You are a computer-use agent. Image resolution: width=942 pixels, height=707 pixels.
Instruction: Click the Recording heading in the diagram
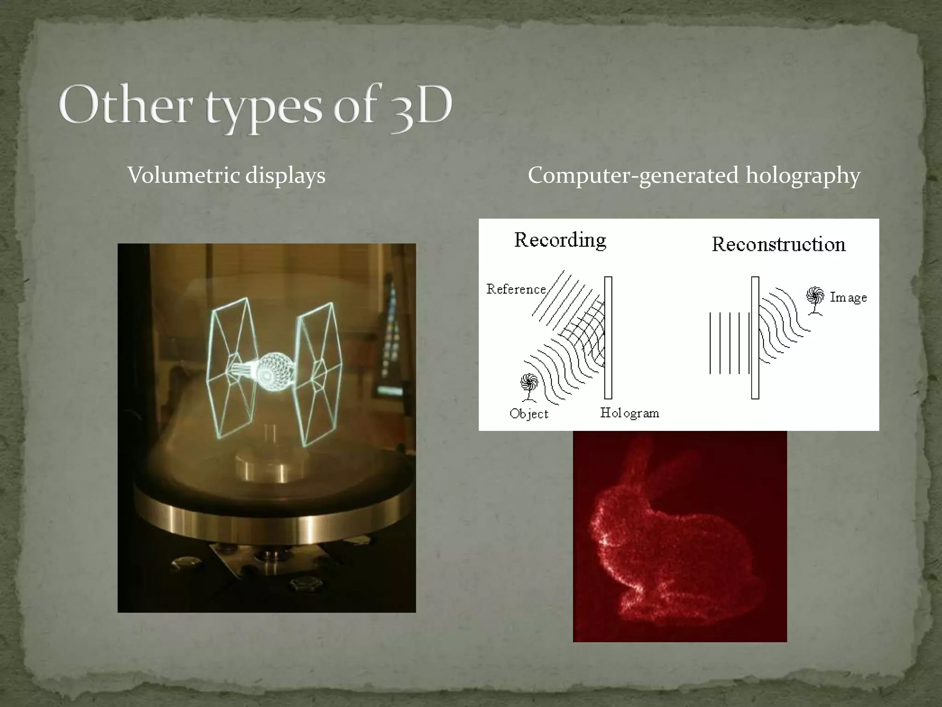pyautogui.click(x=560, y=240)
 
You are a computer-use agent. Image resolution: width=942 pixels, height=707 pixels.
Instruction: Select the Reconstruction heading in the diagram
pyautogui.click(x=778, y=244)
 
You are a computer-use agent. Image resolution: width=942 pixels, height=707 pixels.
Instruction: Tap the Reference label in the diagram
pyautogui.click(x=516, y=289)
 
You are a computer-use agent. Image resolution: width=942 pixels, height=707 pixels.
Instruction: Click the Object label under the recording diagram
pyautogui.click(x=528, y=414)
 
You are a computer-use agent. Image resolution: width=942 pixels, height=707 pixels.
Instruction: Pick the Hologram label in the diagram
pyautogui.click(x=629, y=413)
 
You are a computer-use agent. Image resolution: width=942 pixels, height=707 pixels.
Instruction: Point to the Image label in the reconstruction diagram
pyautogui.click(x=848, y=297)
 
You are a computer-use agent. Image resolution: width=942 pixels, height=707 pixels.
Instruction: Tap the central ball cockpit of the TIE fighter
pyautogui.click(x=271, y=369)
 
